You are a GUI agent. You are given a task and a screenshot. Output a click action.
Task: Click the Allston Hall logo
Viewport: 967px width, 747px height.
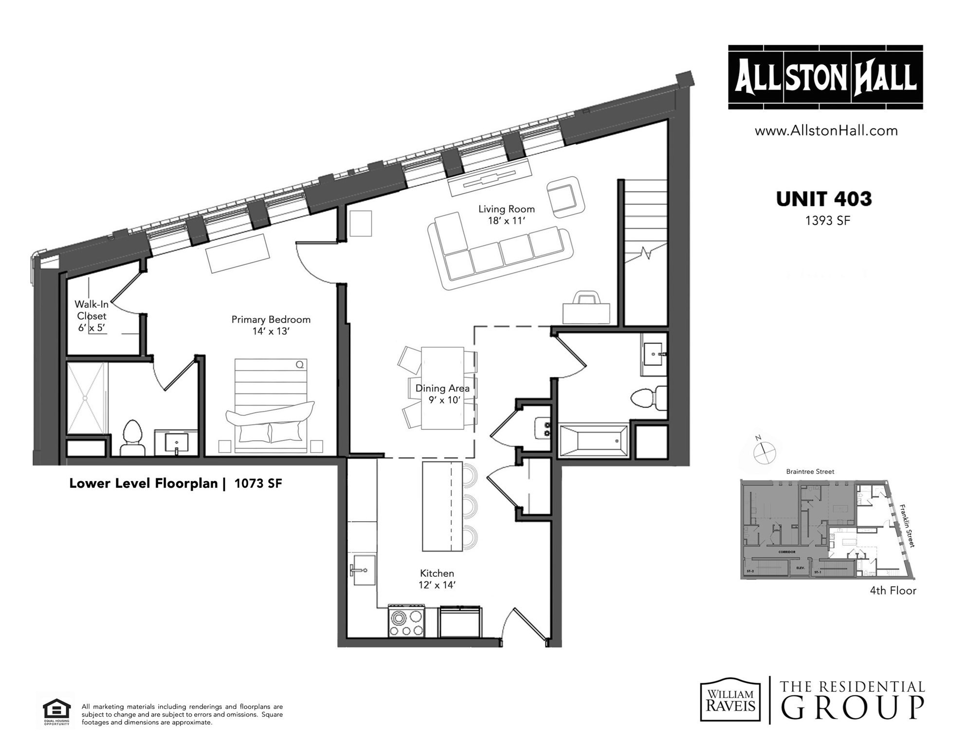[x=825, y=77]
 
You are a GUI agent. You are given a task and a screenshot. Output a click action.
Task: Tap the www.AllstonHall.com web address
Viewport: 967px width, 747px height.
[x=826, y=130]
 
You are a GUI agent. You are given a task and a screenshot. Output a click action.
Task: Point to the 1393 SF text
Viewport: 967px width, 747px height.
[x=827, y=221]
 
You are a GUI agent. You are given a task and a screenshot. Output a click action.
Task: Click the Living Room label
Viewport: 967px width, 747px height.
[x=506, y=214]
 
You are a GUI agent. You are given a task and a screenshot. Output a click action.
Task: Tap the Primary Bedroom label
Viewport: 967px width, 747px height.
[x=271, y=325]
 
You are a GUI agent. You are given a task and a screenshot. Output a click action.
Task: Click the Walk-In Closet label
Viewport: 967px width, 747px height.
[x=91, y=316]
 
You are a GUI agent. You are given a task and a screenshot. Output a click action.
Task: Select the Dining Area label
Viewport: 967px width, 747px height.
[x=442, y=394]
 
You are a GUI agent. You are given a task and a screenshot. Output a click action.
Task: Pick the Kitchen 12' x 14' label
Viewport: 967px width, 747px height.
[x=437, y=579]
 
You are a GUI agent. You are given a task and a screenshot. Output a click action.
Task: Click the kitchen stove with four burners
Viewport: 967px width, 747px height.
[x=406, y=622]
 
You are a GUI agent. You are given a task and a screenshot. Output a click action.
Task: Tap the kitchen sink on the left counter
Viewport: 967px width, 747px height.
[x=363, y=569]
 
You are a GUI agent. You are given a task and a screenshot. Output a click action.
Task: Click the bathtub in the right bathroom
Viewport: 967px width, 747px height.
[x=594, y=442]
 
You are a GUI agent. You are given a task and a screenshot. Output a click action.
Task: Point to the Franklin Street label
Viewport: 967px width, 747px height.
[x=907, y=526]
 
